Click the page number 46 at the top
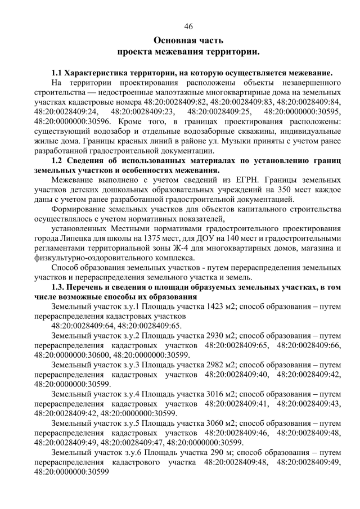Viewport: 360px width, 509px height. pyautogui.click(x=188, y=26)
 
